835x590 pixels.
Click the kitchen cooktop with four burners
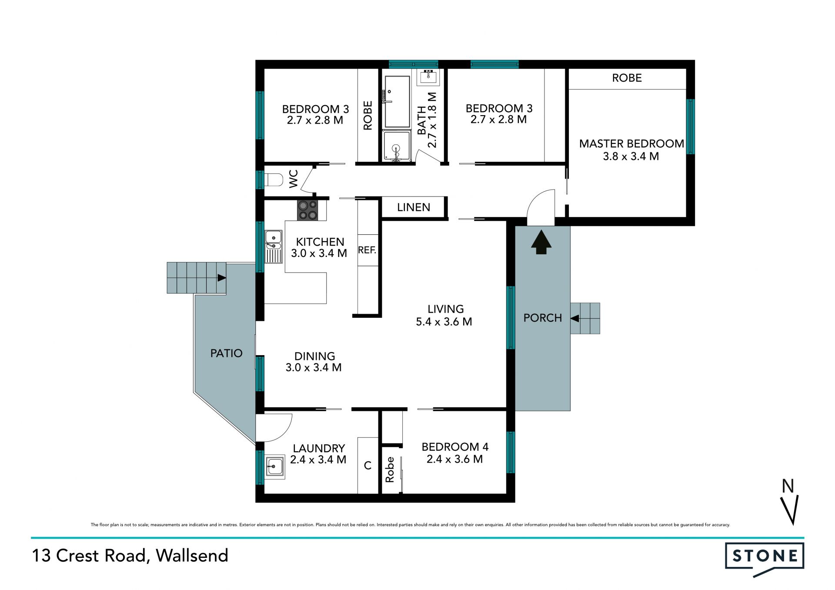(x=308, y=210)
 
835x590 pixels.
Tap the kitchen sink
(x=274, y=247)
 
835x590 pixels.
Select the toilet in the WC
(x=274, y=180)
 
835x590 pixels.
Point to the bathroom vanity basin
(x=428, y=77)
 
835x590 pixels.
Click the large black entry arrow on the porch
(x=541, y=242)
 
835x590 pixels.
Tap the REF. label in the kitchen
(x=367, y=250)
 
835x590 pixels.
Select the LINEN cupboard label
(x=414, y=207)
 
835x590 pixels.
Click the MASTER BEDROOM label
(x=631, y=143)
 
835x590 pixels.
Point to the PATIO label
(x=226, y=353)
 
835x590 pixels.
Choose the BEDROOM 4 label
(x=455, y=447)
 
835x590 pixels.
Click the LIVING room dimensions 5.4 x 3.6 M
(x=444, y=322)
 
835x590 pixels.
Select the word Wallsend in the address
(x=192, y=556)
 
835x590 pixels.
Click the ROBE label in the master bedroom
(x=627, y=78)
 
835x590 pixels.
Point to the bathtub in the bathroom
(x=397, y=102)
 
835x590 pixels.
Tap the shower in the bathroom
(x=397, y=146)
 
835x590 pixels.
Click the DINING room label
(x=315, y=356)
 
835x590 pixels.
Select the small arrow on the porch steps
(x=575, y=318)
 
